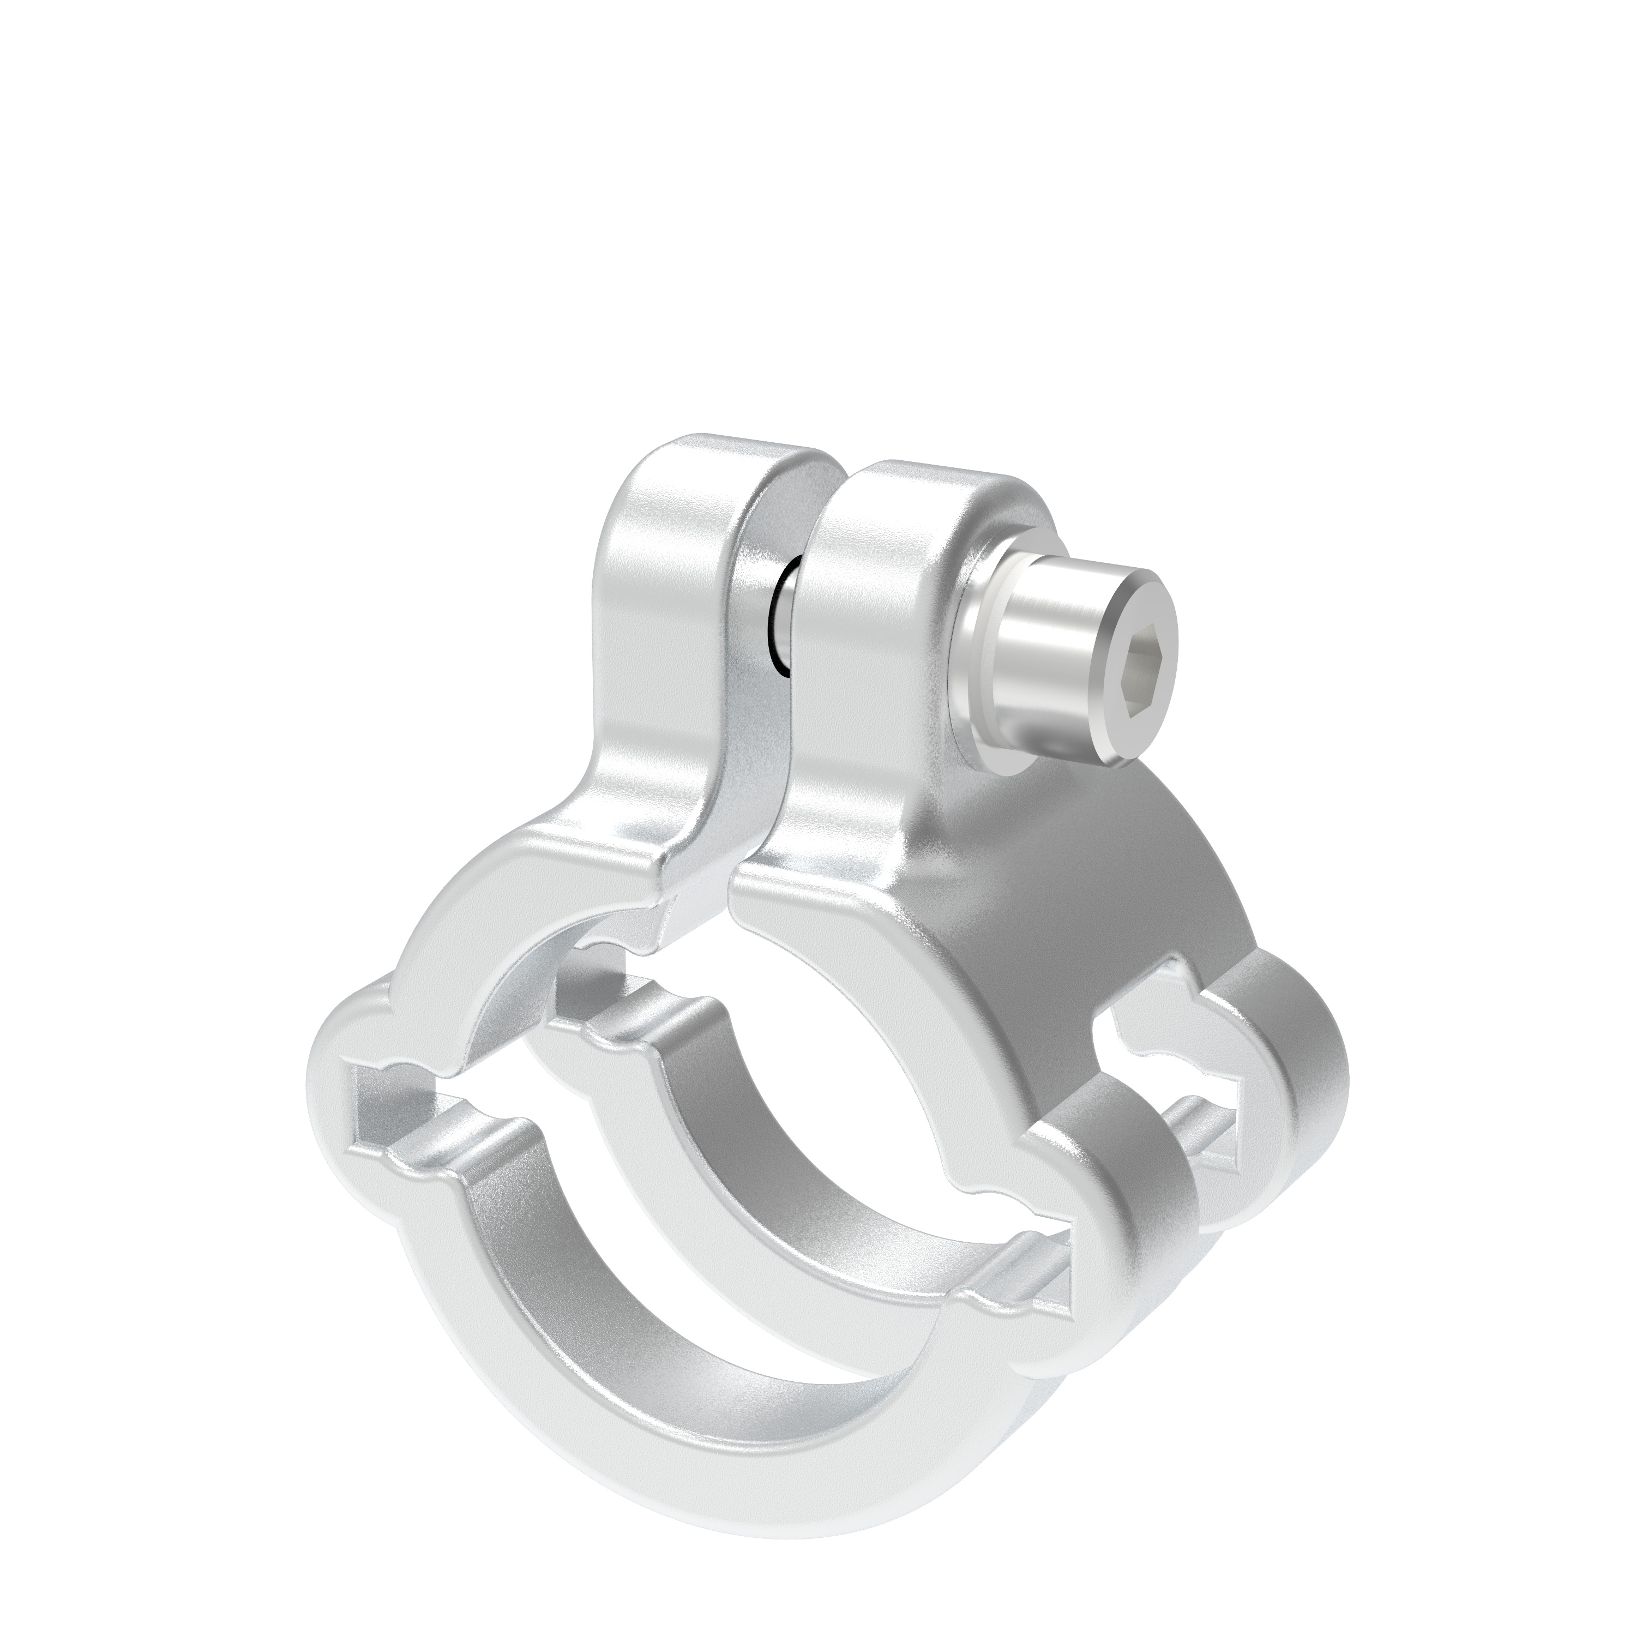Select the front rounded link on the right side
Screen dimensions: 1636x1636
tap(1135, 1186)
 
